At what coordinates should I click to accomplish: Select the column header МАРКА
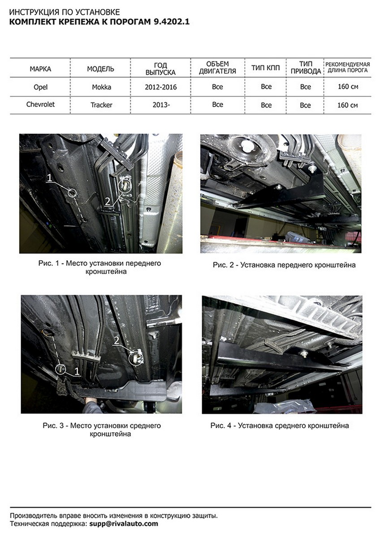click(x=40, y=69)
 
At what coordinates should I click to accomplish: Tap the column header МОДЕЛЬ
click(x=100, y=69)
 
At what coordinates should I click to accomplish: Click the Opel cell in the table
click(x=41, y=87)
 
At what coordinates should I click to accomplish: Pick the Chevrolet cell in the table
click(x=40, y=105)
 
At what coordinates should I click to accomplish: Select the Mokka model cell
click(x=101, y=87)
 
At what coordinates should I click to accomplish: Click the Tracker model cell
click(x=101, y=105)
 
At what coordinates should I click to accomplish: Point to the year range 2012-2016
click(x=160, y=87)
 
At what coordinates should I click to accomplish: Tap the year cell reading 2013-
click(x=161, y=105)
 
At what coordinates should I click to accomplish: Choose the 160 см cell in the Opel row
click(x=348, y=86)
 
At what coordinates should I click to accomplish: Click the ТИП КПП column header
click(x=265, y=68)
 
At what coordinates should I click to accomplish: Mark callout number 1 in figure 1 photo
click(x=49, y=178)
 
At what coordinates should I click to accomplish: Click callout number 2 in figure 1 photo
click(x=107, y=201)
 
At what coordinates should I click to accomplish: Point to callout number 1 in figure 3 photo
click(x=77, y=371)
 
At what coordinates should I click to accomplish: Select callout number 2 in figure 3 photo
click(x=117, y=341)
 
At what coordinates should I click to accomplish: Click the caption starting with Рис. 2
click(x=284, y=265)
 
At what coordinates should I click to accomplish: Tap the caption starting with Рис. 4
click(x=280, y=426)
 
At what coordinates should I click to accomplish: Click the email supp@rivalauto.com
click(x=124, y=524)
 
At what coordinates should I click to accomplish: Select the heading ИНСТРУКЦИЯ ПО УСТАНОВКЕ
click(x=65, y=12)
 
